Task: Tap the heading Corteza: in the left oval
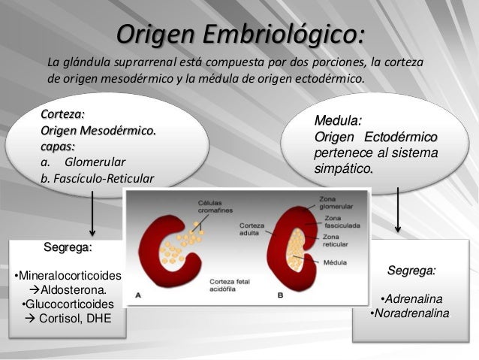click(62, 114)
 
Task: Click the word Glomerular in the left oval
click(95, 162)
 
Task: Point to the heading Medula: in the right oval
click(338, 120)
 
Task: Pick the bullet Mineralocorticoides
click(68, 275)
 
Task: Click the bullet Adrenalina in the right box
click(411, 298)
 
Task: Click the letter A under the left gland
click(137, 296)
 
